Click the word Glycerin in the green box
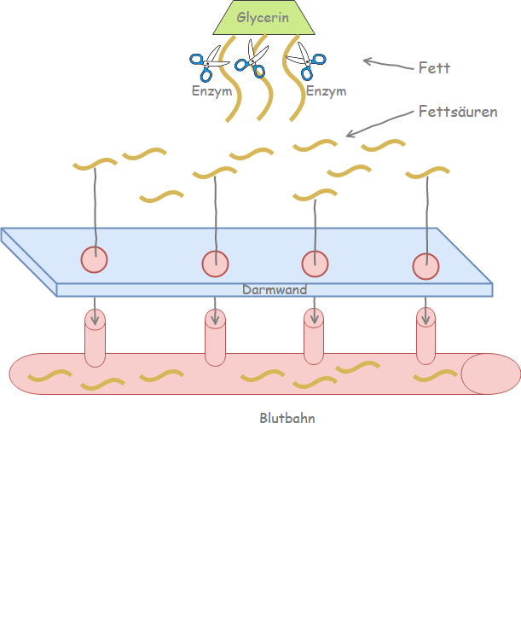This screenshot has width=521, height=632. [x=263, y=16]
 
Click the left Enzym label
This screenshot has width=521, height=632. [x=211, y=90]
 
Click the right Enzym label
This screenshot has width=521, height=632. [x=326, y=90]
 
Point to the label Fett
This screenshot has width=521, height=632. [x=434, y=67]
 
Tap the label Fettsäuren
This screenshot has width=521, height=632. [x=458, y=112]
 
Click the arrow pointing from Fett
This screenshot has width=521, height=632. [x=385, y=63]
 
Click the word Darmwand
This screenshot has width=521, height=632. [x=275, y=290]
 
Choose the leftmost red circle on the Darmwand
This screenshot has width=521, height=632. [x=95, y=259]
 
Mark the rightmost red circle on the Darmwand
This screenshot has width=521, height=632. [x=425, y=267]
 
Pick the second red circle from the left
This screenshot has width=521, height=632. [x=216, y=264]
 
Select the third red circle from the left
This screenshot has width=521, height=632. [x=315, y=264]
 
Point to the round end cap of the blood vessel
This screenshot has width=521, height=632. [x=491, y=374]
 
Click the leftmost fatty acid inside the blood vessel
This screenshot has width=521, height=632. [x=50, y=375]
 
